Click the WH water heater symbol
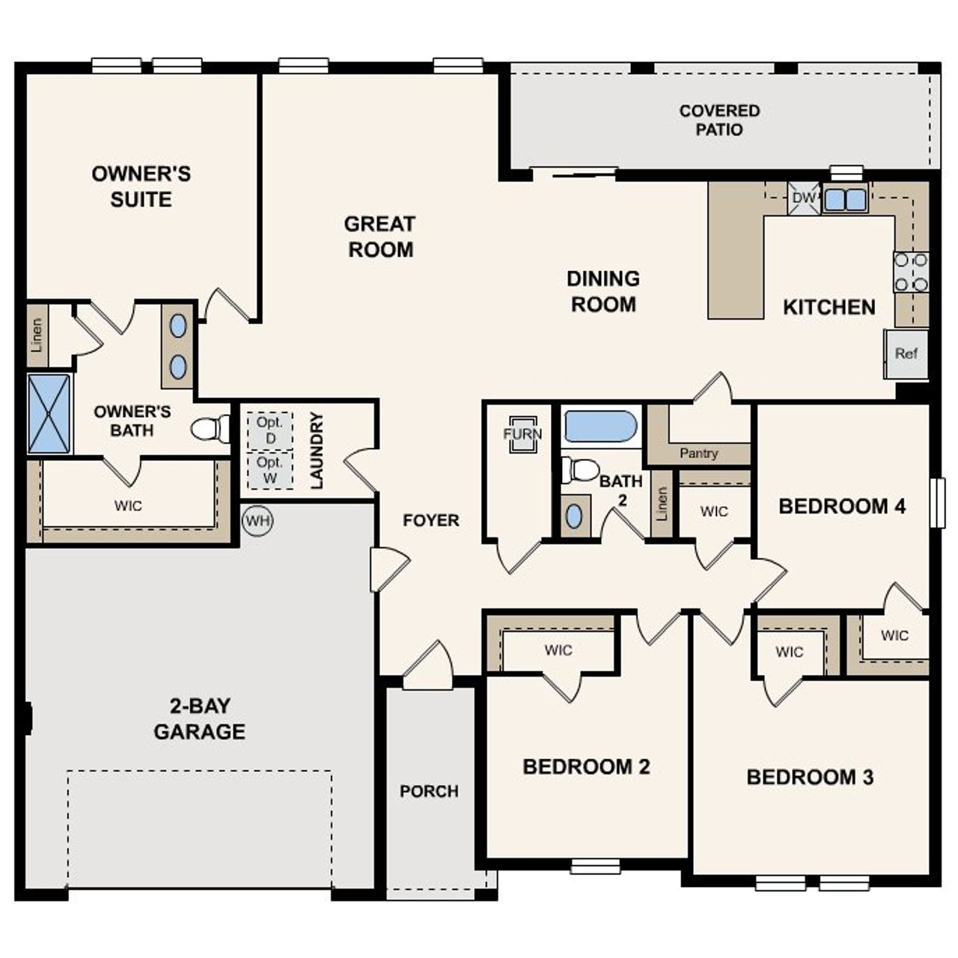tap(257, 520)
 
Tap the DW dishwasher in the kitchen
tap(803, 198)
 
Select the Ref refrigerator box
tap(906, 353)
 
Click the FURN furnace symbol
tap(522, 434)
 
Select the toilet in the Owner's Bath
tap(210, 429)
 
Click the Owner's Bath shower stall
tap(49, 414)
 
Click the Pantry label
tap(698, 454)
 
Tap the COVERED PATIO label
tap(719, 120)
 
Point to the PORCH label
tap(429, 791)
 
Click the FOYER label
tap(430, 520)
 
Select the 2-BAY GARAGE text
tap(199, 718)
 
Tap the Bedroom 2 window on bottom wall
tap(595, 867)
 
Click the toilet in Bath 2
tap(581, 470)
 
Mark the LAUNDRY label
tap(317, 451)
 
